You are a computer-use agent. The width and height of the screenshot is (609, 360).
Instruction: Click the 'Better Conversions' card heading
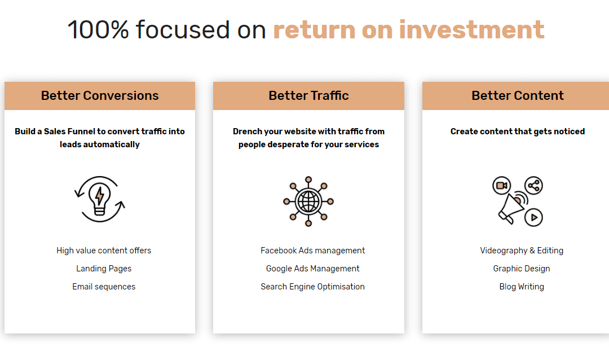100,95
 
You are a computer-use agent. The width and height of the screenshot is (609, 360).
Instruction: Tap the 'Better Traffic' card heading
309,95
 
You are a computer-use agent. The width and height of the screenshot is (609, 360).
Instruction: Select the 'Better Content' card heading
518,95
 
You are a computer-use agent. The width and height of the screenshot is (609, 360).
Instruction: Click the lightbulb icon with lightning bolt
100,199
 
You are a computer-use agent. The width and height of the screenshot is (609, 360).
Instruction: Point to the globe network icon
308,201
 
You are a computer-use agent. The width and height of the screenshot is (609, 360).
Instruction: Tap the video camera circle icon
501,186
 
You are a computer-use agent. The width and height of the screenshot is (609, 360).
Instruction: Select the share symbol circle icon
533,186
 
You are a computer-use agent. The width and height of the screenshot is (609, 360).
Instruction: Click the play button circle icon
533,217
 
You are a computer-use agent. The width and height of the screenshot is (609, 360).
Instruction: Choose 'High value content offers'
104,251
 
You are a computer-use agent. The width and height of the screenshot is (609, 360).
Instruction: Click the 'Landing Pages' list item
104,269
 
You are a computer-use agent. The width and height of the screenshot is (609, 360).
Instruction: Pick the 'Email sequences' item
104,287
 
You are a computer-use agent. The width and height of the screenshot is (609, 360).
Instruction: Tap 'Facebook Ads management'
312,251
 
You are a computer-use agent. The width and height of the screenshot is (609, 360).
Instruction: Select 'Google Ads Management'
312,269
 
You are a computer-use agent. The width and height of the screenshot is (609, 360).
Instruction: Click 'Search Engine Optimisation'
312,287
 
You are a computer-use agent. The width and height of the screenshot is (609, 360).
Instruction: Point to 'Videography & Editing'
522,251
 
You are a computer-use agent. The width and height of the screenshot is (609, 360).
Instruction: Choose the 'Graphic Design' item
522,269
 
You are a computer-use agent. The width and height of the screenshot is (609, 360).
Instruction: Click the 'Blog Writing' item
522,287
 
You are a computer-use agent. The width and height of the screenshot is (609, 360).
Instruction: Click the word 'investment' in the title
471,29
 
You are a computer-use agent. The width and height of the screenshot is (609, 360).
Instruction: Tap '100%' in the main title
98,29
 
